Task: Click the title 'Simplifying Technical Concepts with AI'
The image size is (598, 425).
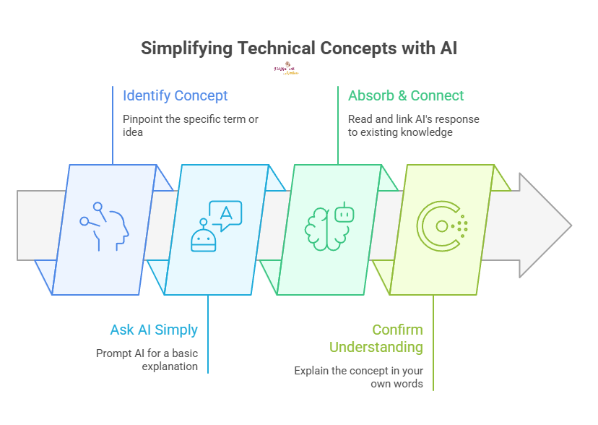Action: tap(299, 48)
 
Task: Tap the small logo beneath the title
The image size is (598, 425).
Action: tap(286, 69)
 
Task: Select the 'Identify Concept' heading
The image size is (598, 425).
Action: tap(175, 95)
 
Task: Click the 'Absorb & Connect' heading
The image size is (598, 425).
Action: tap(406, 95)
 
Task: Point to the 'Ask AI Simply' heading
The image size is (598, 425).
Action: tap(154, 330)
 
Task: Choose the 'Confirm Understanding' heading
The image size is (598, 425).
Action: tap(377, 338)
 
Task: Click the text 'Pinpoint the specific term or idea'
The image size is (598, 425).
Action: tap(191, 126)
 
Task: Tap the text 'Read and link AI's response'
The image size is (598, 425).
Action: tap(413, 119)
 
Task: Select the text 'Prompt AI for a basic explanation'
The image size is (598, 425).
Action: tap(147, 359)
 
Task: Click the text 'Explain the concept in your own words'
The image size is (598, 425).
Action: tap(358, 377)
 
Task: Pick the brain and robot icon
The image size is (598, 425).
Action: tap(329, 226)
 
